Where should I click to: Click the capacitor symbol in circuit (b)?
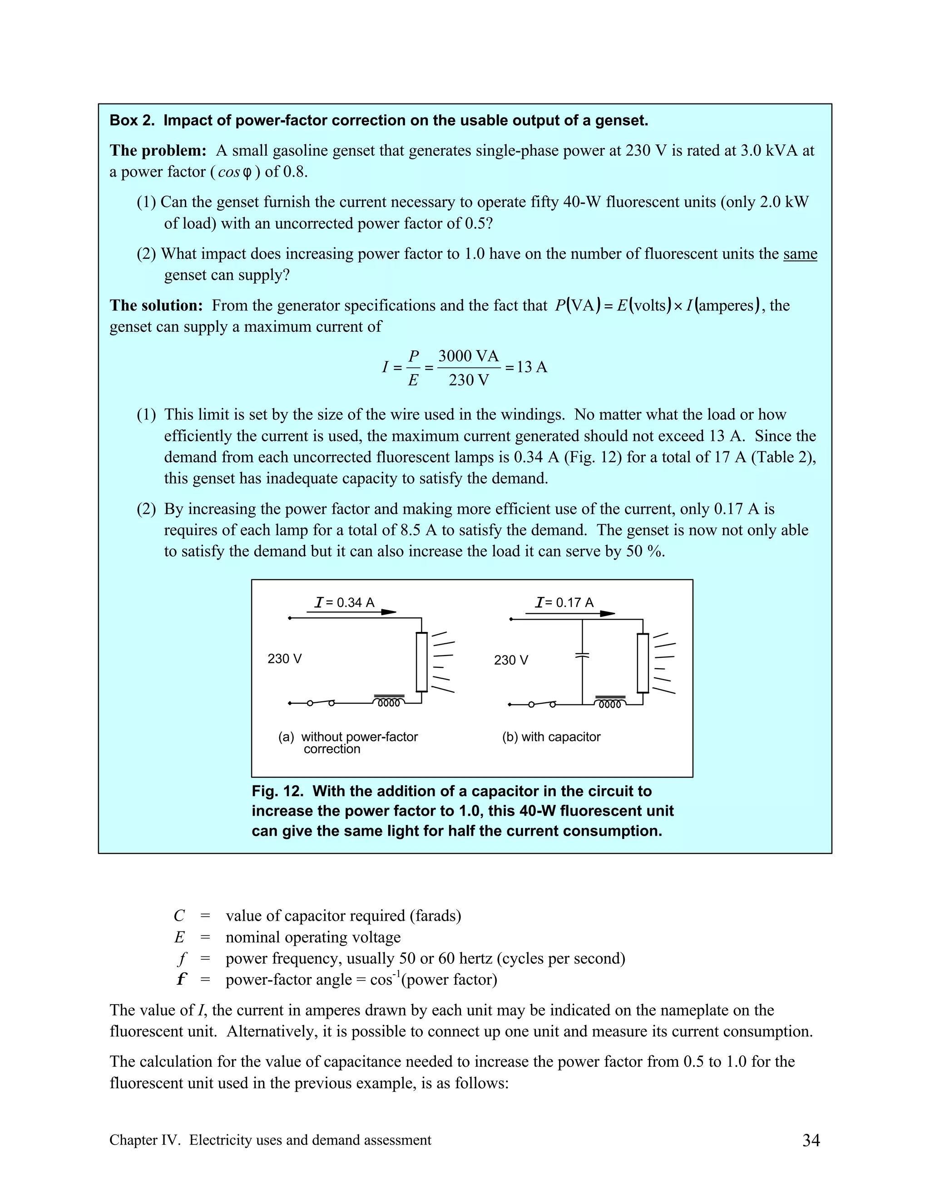pyautogui.click(x=582, y=656)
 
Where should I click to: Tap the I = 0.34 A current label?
pyautogui.click(x=344, y=602)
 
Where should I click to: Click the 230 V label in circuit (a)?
pyautogui.click(x=284, y=659)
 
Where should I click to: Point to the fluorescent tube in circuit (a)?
pyautogui.click(x=421, y=661)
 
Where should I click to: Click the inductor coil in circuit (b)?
pyautogui.click(x=610, y=702)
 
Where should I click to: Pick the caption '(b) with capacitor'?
pyautogui.click(x=551, y=737)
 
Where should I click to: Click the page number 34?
pyautogui.click(x=811, y=1140)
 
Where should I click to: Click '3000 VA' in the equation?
pyautogui.click(x=468, y=356)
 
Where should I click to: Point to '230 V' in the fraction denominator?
pyautogui.click(x=468, y=380)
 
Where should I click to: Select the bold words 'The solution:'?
pyautogui.click(x=157, y=306)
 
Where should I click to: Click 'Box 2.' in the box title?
pyautogui.click(x=132, y=121)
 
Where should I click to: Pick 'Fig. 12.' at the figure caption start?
pyautogui.click(x=277, y=792)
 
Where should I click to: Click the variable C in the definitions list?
pyautogui.click(x=179, y=916)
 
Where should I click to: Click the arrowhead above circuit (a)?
pyautogui.click(x=388, y=612)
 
